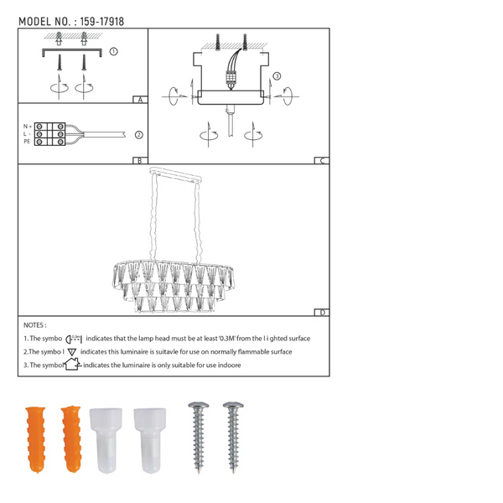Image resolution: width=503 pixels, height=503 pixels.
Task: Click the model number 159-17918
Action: pos(101,22)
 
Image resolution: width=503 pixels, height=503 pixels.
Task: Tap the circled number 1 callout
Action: pos(113,51)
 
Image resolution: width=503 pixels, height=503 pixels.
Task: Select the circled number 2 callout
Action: pos(138,135)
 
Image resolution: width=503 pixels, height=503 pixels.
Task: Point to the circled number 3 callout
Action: pos(277,76)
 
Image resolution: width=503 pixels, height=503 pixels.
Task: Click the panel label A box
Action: pos(140,100)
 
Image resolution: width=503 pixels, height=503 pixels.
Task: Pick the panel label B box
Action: pos(140,160)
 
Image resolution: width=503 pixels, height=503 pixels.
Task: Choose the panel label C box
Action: pos(322,160)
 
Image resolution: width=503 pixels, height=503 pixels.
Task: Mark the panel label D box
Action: pos(322,312)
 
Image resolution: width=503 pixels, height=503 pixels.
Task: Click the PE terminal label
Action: pos(27,142)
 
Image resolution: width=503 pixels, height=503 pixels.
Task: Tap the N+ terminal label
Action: pos(28,127)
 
